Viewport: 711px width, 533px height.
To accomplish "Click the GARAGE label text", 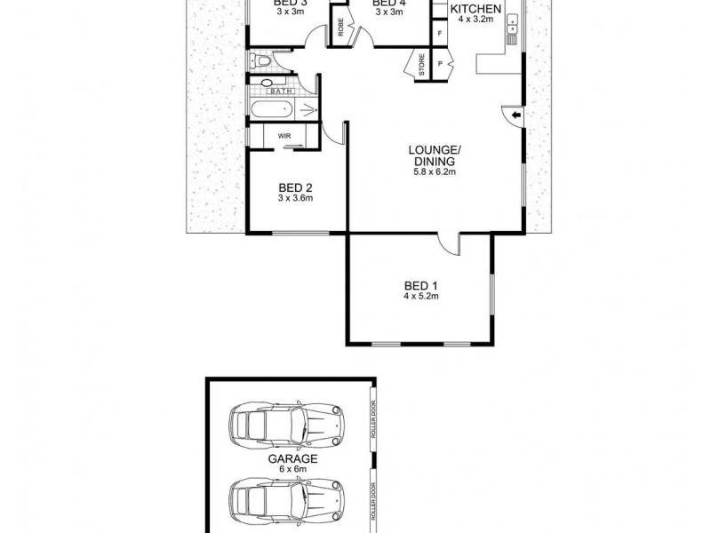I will tap(287, 459).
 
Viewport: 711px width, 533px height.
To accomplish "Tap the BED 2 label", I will tap(295, 187).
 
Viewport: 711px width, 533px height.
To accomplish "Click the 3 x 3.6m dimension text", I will tap(295, 199).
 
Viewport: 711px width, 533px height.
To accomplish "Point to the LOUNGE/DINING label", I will tap(434, 156).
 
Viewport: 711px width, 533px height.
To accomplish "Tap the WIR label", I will tap(285, 136).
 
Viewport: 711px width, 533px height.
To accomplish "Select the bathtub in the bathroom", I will tap(271, 111).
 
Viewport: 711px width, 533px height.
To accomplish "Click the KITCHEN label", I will tap(476, 10).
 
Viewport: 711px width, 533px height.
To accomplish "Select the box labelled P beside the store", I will tap(440, 64).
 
